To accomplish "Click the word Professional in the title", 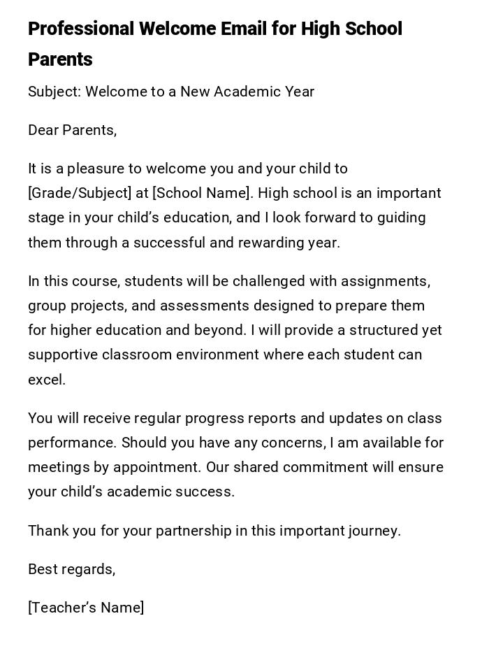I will click(x=81, y=29).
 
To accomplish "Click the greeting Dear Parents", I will click(x=72, y=130).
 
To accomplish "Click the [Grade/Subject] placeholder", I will click(x=80, y=193).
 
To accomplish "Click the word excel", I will click(x=47, y=380).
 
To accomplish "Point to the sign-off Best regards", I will click(x=71, y=569).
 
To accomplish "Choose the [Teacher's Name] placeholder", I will click(x=86, y=608).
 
